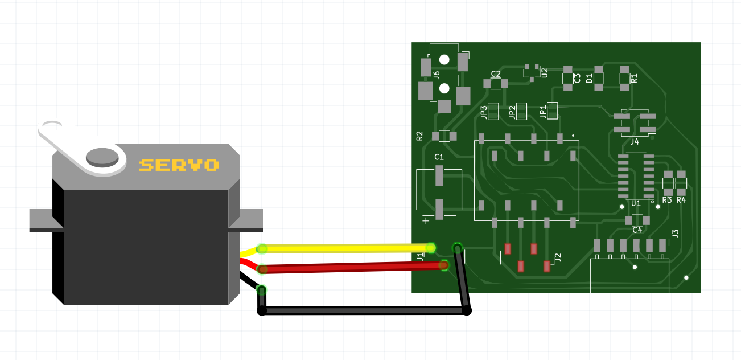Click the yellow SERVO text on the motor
(x=179, y=165)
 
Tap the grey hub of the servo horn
(x=102, y=156)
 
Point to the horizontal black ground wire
(x=364, y=311)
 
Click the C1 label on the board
(x=439, y=157)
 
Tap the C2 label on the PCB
(x=496, y=74)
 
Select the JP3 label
(x=484, y=112)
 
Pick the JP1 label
(x=543, y=111)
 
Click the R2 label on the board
(x=420, y=136)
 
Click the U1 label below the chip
(x=636, y=203)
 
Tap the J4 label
(x=635, y=142)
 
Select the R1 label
(x=634, y=78)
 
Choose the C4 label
(x=637, y=230)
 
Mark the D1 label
(x=590, y=78)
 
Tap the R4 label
(x=681, y=200)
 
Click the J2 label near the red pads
(x=558, y=257)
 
